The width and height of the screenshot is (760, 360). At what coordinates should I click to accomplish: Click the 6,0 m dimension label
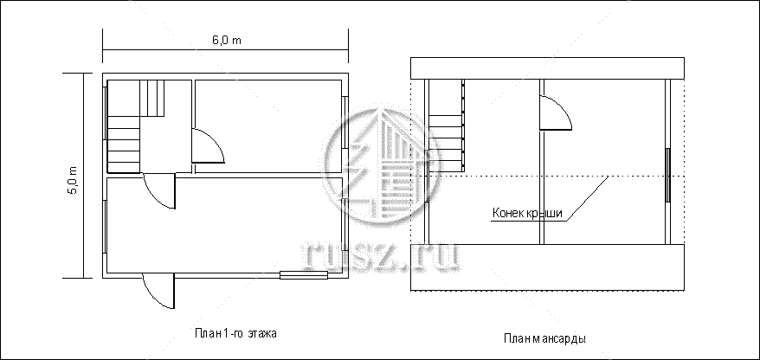(226, 40)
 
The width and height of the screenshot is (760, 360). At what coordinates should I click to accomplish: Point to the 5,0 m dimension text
(74, 180)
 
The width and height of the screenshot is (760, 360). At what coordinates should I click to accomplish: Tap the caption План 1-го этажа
(235, 333)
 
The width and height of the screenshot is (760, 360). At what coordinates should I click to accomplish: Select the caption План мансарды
(544, 338)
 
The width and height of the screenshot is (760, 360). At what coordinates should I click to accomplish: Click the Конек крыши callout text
(527, 213)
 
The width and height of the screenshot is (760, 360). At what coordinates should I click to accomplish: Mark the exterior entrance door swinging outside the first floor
(158, 291)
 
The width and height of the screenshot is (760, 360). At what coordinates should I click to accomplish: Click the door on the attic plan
(556, 112)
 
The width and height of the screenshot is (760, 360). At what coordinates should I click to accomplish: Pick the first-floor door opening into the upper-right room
(208, 145)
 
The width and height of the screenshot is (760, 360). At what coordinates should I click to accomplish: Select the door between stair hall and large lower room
(159, 191)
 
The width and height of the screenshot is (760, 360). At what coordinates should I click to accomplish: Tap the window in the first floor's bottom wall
(304, 276)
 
